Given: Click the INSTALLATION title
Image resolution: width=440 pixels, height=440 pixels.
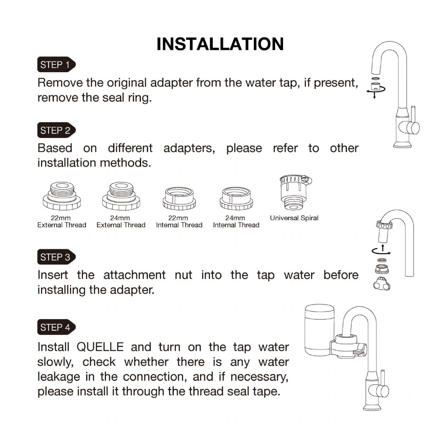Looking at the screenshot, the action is pos(220,44).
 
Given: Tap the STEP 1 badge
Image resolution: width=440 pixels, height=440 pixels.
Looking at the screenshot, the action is pos(56,65).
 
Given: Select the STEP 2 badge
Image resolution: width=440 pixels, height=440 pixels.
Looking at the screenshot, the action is pos(56,131).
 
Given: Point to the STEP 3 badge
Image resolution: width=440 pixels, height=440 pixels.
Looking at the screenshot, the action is pos(56,257).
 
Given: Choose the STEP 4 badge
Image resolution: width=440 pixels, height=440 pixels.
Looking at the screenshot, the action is pos(56,327).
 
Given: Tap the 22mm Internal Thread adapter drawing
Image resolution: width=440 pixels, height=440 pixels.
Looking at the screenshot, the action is pos(179,198).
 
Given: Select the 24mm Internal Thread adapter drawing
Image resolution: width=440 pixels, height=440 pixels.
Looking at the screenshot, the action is pos(236,198).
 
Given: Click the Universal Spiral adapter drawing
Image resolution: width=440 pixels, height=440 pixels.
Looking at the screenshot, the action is pos(294,192).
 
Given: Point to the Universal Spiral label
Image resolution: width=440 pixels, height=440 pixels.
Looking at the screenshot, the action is pos(294,218).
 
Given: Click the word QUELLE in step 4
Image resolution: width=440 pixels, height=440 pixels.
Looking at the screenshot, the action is pos(100,347).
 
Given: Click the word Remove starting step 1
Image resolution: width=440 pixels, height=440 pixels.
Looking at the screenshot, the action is pos(60,82).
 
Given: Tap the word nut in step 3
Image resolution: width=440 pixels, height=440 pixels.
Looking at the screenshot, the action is pos(183,275).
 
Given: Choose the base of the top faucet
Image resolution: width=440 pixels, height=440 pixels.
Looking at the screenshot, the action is pos(402,144).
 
